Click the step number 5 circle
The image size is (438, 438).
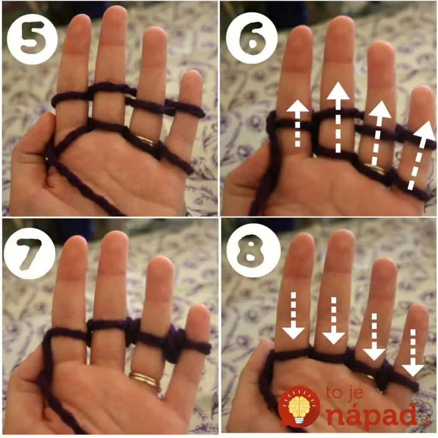click(33, 39)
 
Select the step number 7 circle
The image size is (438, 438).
click(30, 253)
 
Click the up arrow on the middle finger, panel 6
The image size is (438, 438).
click(338, 117)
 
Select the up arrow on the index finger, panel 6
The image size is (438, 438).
click(298, 123)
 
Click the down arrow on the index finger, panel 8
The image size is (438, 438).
click(293, 316)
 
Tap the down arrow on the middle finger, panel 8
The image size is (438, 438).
click(334, 320)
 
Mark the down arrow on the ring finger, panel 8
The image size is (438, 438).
click(374, 337)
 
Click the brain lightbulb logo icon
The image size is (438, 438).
click(299, 407)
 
